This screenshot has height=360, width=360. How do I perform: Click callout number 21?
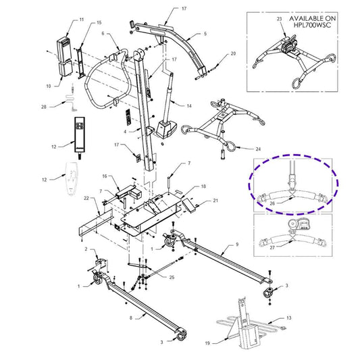tap(215, 201)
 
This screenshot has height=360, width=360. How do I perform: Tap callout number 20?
tap(234, 53)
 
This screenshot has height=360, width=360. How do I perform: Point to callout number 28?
tap(44, 107)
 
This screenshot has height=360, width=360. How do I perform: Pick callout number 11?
tap(82, 22)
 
